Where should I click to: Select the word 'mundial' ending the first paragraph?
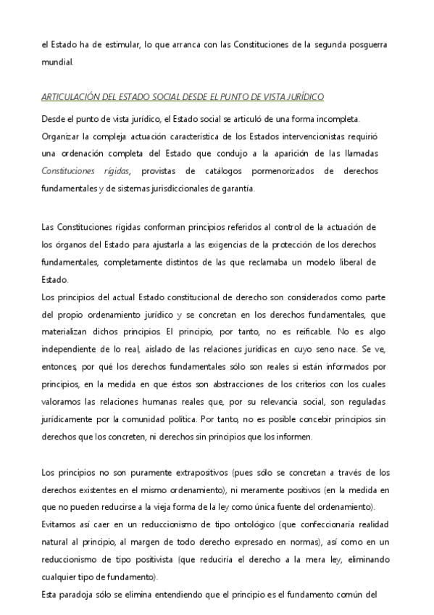pos(57,62)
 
